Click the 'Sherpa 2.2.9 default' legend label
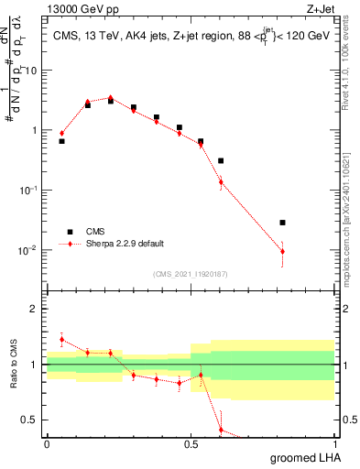[x=126, y=244]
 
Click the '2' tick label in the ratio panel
[x=34, y=310]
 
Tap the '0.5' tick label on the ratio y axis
[x=29, y=420]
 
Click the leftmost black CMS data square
[x=61, y=141]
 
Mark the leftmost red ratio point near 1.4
[x=61, y=340]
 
